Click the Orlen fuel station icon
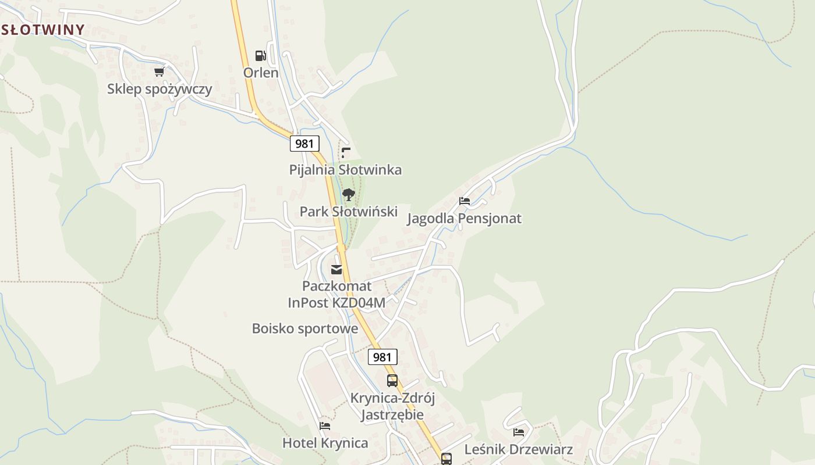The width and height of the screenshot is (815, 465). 261,56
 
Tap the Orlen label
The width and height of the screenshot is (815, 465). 261,73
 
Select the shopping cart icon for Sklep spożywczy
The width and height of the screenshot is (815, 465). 159,71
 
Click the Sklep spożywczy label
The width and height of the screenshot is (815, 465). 160,89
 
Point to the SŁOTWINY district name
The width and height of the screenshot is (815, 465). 43,29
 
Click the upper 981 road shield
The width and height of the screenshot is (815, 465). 304,144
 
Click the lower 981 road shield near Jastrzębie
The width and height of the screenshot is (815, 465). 382,357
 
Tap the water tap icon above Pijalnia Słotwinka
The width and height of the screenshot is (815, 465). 346,153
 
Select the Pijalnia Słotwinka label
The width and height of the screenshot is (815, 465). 345,170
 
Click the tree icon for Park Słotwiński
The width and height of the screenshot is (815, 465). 348,195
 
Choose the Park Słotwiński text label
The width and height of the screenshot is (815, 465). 348,212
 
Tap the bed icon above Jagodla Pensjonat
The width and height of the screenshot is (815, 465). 464,201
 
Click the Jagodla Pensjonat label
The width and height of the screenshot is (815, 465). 464,219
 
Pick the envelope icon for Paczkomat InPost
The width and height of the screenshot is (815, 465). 336,269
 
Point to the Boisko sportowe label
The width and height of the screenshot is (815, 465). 304,328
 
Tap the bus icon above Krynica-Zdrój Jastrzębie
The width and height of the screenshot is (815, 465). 392,381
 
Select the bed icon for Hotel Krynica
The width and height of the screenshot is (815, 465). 325,426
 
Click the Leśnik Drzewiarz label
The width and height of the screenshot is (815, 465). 518,449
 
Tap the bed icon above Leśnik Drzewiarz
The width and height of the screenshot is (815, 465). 519,432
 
